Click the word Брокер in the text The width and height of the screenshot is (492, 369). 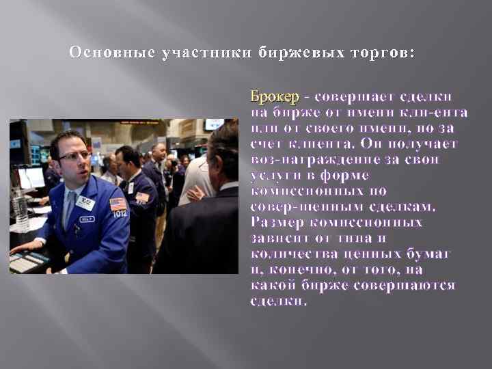coord(270,95)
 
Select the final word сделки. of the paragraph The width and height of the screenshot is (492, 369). coord(279,301)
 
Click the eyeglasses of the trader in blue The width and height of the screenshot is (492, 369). coord(74,156)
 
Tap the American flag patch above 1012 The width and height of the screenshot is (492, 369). coord(118,204)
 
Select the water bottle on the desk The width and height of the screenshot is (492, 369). coord(21,212)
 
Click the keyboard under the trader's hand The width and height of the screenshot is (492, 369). coord(26,262)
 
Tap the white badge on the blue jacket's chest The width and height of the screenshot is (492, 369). coord(85,202)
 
